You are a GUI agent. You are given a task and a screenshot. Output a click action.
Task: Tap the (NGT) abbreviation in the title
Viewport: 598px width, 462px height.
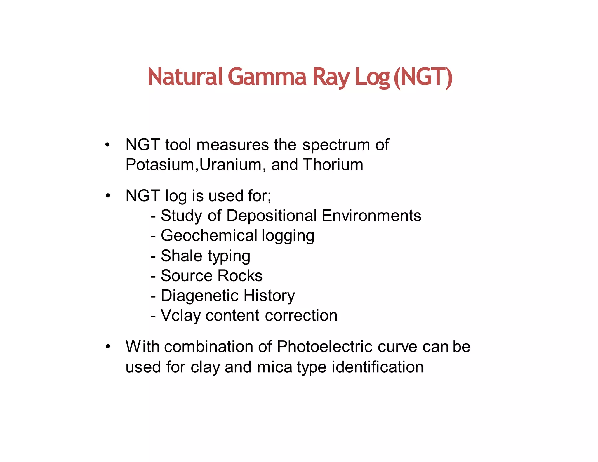423,77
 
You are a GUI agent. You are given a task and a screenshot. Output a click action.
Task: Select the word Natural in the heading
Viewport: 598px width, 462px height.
185,77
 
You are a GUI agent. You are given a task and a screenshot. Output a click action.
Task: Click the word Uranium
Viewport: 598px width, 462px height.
230,165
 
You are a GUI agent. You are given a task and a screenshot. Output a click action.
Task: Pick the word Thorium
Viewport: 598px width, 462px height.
333,165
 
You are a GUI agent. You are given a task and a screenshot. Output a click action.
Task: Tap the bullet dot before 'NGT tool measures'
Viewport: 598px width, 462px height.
108,145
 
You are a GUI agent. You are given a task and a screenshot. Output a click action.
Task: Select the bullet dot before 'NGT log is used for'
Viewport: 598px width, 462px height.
108,196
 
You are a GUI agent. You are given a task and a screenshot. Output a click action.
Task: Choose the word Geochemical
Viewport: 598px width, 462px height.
209,236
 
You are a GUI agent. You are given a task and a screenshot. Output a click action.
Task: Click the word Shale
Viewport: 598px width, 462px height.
181,256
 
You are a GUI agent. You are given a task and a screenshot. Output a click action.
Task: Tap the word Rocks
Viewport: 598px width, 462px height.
240,276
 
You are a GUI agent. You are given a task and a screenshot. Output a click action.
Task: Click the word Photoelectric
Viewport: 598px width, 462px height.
324,347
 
